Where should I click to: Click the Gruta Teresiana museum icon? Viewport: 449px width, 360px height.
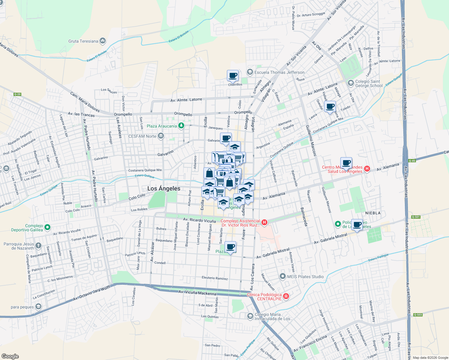click(103, 41)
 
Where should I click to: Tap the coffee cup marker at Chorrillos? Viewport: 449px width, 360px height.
click(233, 76)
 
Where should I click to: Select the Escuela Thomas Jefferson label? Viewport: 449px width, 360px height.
click(279, 72)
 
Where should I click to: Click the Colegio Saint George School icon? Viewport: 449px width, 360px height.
click(350, 82)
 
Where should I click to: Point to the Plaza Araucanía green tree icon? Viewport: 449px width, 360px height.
click(181, 126)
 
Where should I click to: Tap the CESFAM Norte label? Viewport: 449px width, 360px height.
click(142, 136)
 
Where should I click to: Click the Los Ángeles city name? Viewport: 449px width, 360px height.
click(164, 188)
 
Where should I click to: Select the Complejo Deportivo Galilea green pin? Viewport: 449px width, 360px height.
click(47, 228)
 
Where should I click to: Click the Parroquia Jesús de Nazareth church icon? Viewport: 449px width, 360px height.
click(38, 246)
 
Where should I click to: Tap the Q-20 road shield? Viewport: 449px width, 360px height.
click(17, 94)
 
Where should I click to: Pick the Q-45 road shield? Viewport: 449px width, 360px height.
click(412, 160)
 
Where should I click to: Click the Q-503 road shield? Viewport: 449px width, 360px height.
click(418, 315)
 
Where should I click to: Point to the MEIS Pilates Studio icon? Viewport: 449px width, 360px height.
click(282, 276)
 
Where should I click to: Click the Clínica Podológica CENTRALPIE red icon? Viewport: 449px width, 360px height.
click(286, 296)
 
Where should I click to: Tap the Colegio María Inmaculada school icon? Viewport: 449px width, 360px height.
click(250, 316)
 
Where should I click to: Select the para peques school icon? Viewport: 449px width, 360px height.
click(38, 307)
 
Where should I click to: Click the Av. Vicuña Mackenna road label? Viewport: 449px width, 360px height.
click(197, 292)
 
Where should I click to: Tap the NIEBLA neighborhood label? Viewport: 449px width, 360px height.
click(373, 213)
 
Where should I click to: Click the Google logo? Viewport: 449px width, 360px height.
click(10, 356)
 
